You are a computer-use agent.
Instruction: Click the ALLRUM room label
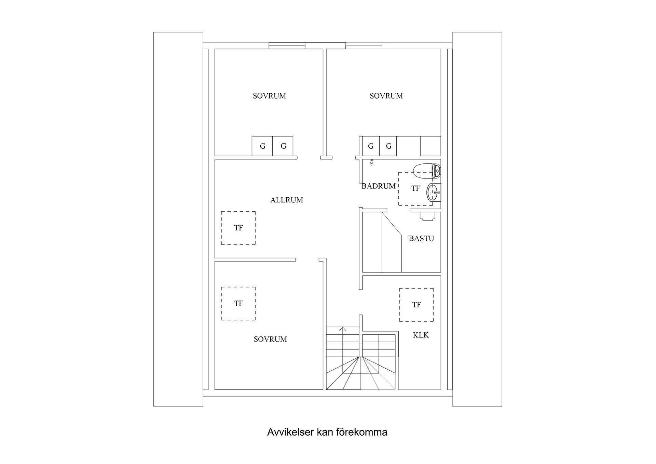286,200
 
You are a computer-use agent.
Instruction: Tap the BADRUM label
378,186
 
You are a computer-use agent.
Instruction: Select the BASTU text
421,239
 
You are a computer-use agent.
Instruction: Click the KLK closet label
421,335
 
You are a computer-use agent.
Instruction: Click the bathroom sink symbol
433,192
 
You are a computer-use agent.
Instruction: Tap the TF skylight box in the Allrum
238,228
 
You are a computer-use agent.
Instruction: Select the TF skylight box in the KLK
416,305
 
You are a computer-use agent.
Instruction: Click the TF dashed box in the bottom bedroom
238,304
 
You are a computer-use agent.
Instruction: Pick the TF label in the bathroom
415,188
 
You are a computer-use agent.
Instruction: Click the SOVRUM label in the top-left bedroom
269,96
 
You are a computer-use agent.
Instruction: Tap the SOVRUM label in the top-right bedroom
386,96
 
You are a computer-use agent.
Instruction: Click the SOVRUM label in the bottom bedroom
270,339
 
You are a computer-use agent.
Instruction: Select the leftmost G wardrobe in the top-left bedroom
262,146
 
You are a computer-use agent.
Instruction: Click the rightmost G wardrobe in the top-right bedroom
388,146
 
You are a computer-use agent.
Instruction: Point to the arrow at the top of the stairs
343,329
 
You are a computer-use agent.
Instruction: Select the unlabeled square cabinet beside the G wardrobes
430,146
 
